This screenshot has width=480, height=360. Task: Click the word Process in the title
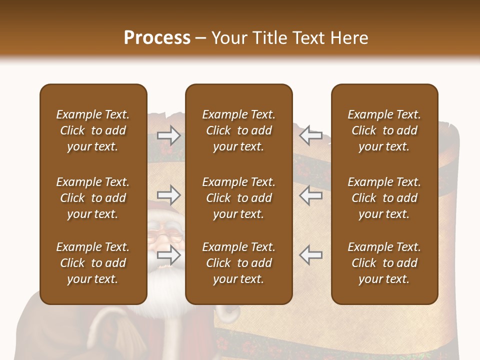(x=157, y=38)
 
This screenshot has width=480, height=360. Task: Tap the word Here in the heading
(x=348, y=38)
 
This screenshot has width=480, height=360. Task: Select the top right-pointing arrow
(x=169, y=135)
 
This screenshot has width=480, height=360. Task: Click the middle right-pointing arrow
(x=169, y=195)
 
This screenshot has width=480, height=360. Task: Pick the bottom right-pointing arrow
(x=169, y=255)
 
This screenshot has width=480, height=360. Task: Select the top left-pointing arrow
(x=310, y=135)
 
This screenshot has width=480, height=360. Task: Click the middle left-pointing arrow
(x=310, y=195)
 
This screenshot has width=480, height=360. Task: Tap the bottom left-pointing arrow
(x=310, y=255)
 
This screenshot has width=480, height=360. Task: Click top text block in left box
(x=93, y=130)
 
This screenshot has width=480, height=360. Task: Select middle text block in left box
(x=93, y=198)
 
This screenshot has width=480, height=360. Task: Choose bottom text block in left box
(x=93, y=263)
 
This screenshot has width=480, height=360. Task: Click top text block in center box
(x=238, y=130)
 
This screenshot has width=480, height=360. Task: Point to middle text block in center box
(x=238, y=198)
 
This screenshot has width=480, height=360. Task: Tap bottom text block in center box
(x=238, y=263)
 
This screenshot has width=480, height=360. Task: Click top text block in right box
(x=384, y=130)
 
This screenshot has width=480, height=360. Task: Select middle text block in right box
(x=384, y=198)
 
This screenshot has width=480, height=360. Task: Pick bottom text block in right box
(x=384, y=263)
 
